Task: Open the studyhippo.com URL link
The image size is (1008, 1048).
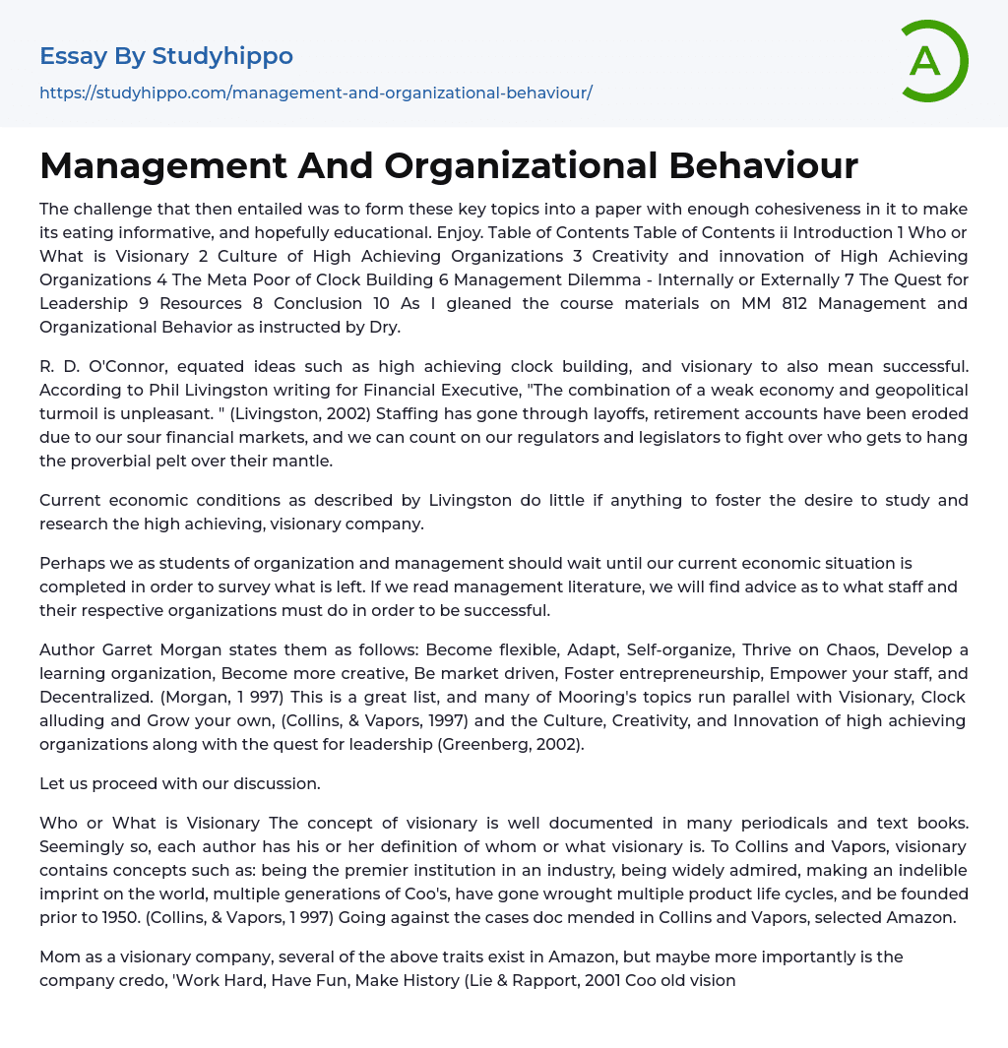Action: click(x=315, y=92)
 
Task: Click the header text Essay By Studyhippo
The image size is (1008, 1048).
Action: click(x=165, y=56)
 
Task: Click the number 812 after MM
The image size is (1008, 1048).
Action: click(x=789, y=303)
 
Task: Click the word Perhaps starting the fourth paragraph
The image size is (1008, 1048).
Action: click(x=72, y=564)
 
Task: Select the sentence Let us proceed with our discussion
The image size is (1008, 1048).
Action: click(x=180, y=785)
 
